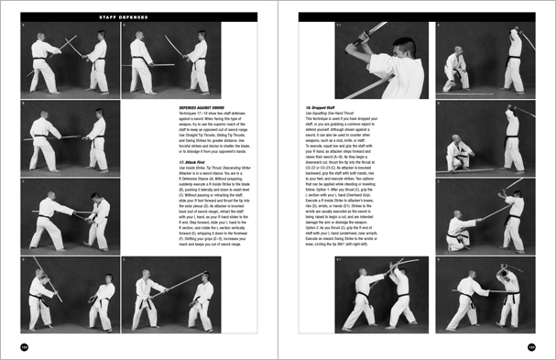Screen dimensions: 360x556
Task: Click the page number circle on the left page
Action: (x=25, y=346)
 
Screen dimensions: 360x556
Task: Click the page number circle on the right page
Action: (x=531, y=346)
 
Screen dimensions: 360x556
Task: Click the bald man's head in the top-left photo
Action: (x=41, y=41)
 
